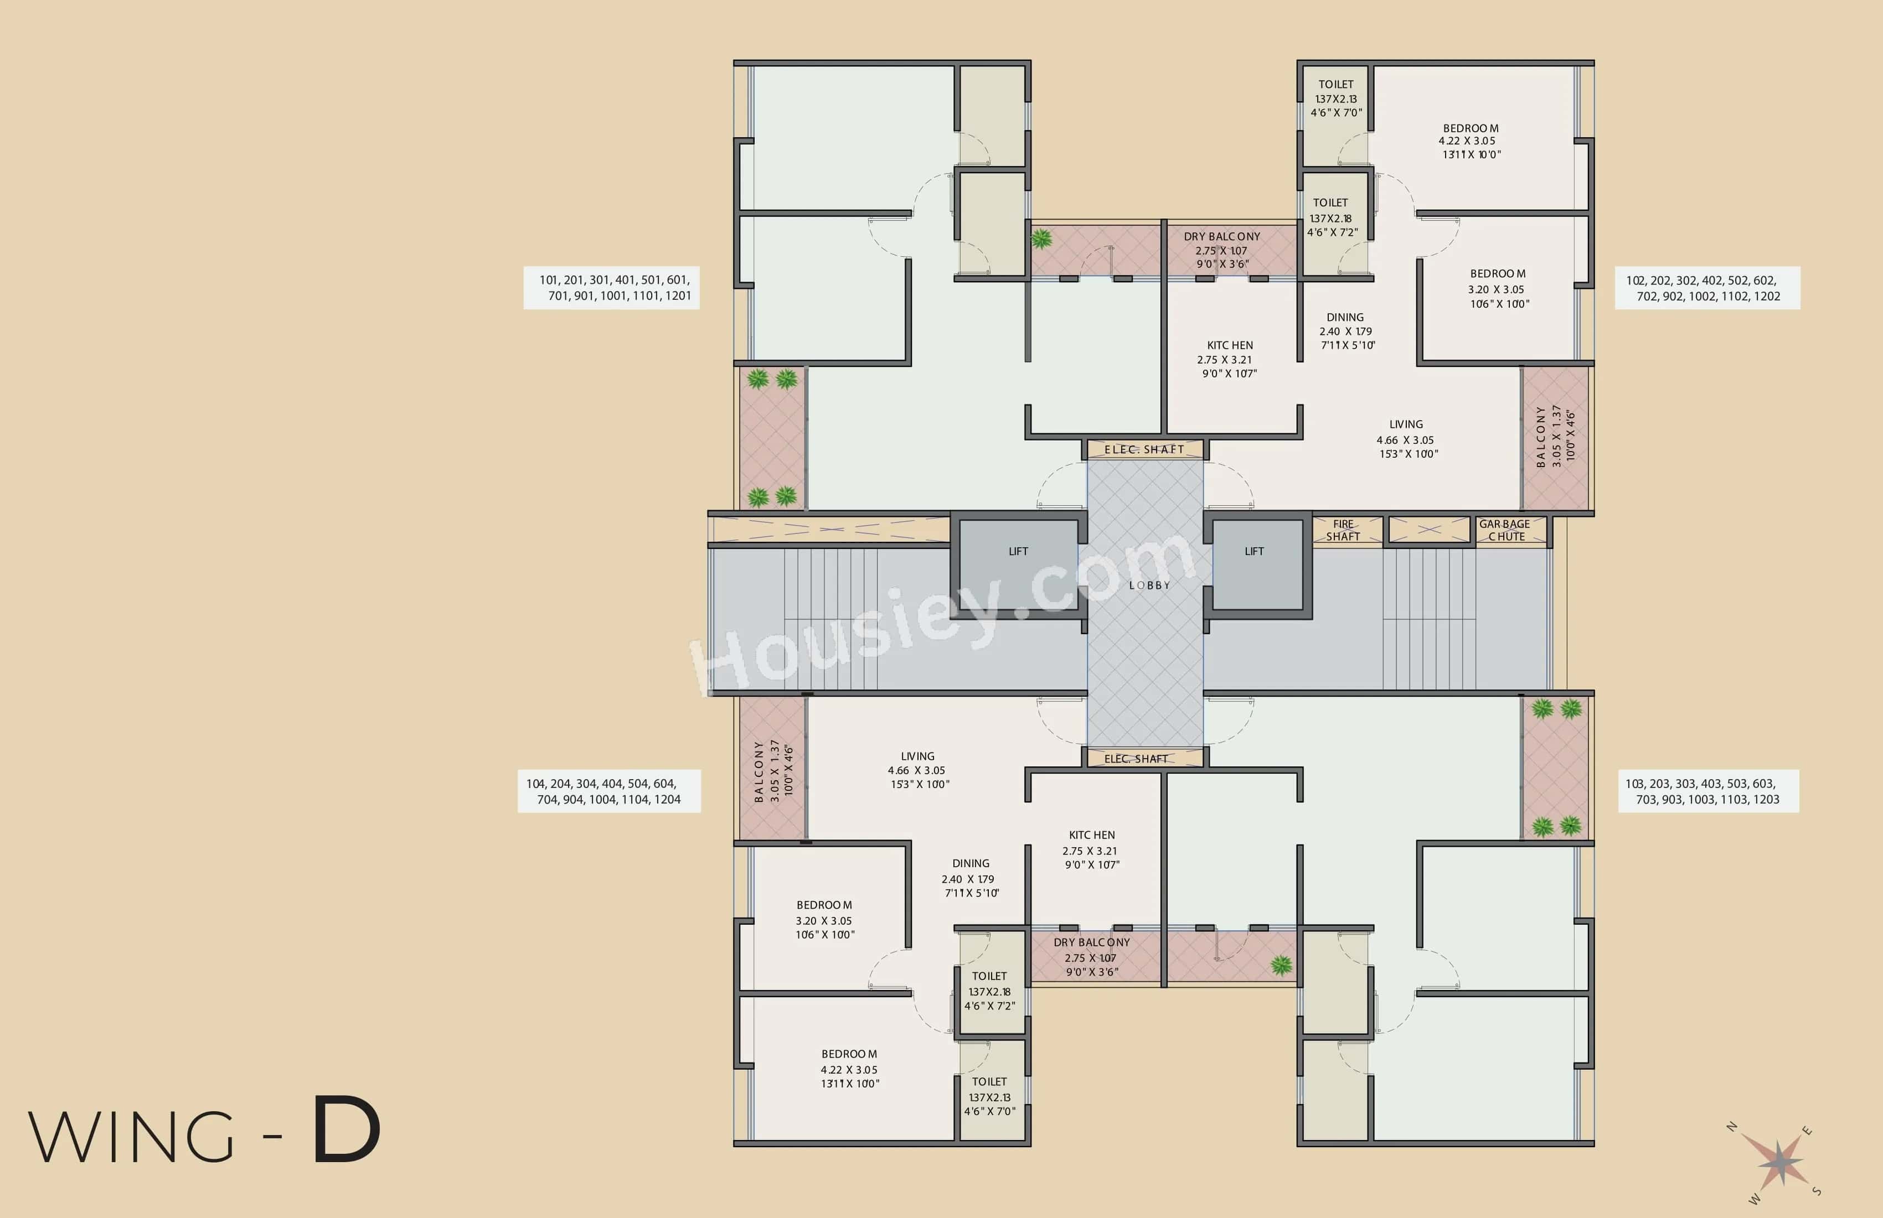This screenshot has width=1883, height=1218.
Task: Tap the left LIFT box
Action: click(1018, 563)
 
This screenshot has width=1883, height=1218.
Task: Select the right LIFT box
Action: click(1256, 563)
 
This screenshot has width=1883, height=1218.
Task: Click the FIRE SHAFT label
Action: click(1343, 530)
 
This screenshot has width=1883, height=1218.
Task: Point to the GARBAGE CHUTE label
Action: click(1505, 530)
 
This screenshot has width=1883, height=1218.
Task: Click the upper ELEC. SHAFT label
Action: click(1144, 449)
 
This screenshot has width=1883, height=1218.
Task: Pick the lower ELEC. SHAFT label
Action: click(1136, 759)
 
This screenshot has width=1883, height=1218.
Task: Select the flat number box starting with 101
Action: click(612, 288)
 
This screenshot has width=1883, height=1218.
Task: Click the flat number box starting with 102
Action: click(1706, 288)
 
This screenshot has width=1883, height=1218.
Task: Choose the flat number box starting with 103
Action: click(1707, 791)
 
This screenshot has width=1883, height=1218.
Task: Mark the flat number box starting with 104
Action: click(608, 791)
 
